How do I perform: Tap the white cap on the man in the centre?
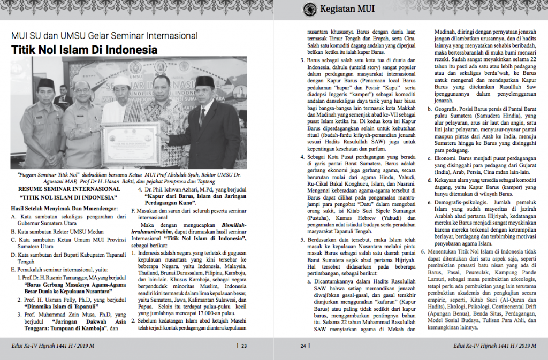[123, 81]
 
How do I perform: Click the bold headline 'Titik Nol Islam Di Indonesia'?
[85, 50]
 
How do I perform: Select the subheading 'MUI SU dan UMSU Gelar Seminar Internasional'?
[104, 36]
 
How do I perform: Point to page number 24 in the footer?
[303, 346]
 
